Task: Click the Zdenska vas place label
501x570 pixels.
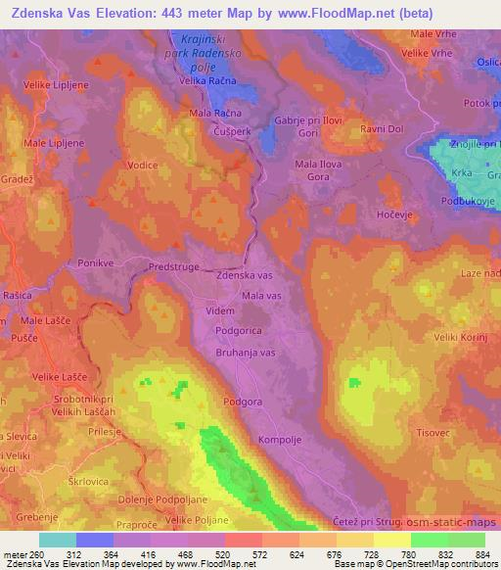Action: pyautogui.click(x=244, y=277)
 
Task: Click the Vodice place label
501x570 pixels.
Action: pyautogui.click(x=143, y=166)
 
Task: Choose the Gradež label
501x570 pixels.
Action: pyautogui.click(x=18, y=181)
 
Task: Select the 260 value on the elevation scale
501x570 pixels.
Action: pyautogui.click(x=37, y=553)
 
